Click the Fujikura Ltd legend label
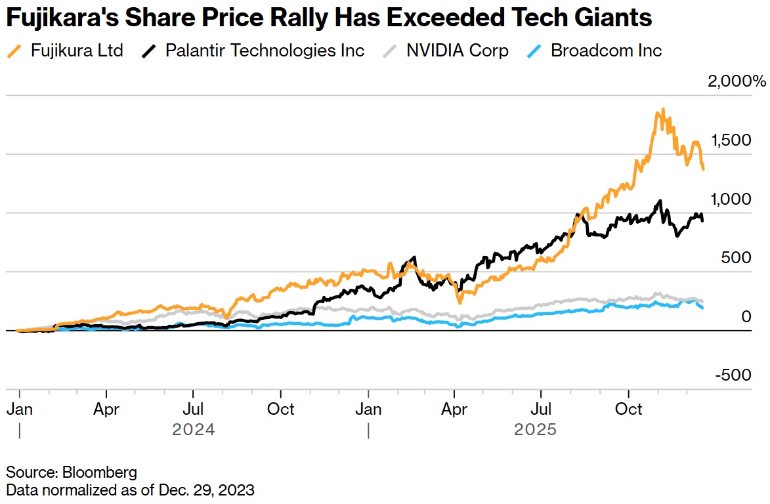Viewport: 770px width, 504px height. point(77,51)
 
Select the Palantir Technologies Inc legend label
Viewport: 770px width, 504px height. point(265,51)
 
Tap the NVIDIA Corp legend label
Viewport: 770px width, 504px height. point(457,51)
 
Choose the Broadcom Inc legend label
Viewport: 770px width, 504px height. point(606,51)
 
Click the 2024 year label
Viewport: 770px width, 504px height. point(194,430)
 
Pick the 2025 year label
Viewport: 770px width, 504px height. point(535,430)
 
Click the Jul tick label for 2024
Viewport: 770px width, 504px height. point(193,409)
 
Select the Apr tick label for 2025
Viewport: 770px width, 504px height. point(454,409)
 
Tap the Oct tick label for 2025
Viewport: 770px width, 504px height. point(629,409)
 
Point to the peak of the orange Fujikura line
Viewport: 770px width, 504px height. point(663,110)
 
